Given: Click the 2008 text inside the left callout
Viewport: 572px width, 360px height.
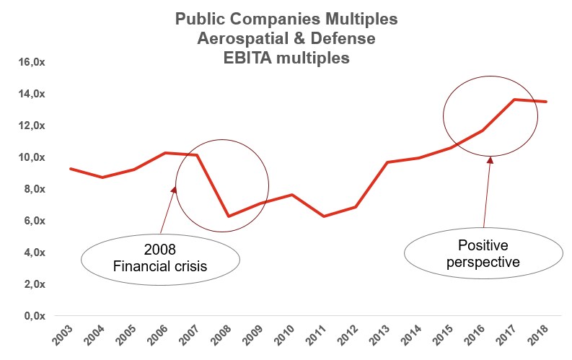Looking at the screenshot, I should [159, 250].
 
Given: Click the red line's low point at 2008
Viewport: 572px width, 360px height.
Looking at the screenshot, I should [229, 216].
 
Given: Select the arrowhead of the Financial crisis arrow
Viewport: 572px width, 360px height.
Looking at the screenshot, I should [174, 190].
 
